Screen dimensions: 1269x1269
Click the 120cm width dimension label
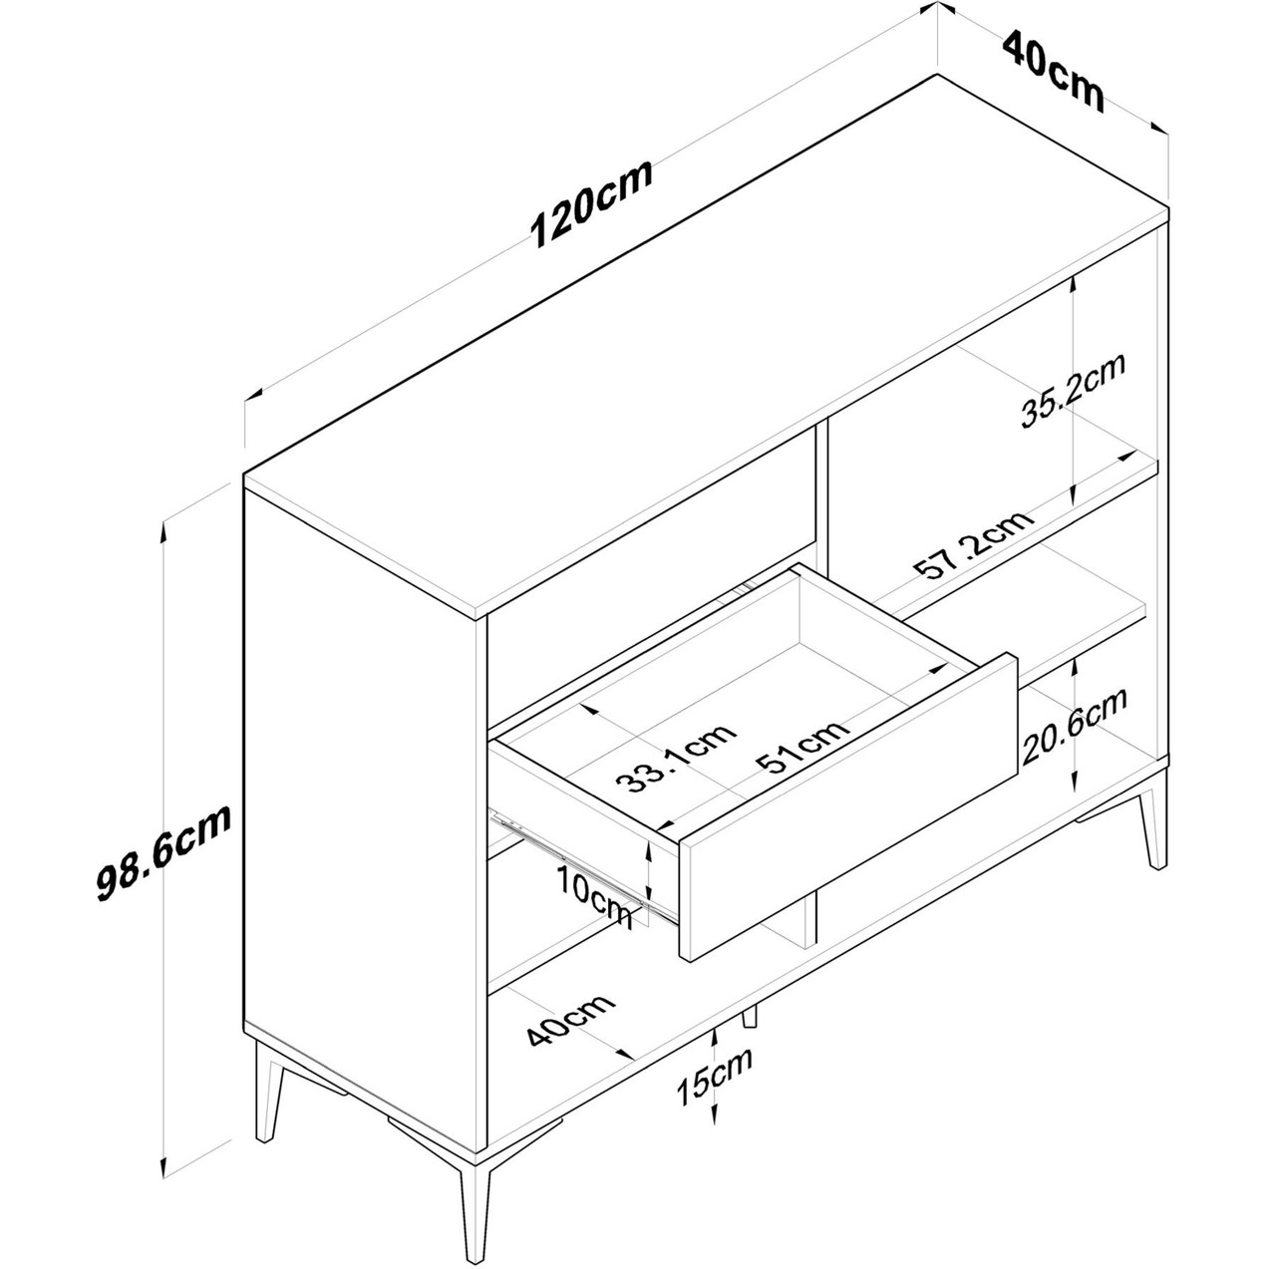click(591, 202)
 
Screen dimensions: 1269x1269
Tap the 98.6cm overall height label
click(163, 851)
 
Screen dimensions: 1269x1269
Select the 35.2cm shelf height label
click(1073, 390)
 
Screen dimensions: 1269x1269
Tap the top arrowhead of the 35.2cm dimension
click(1073, 284)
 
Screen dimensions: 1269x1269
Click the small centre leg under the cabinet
click(750, 1035)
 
